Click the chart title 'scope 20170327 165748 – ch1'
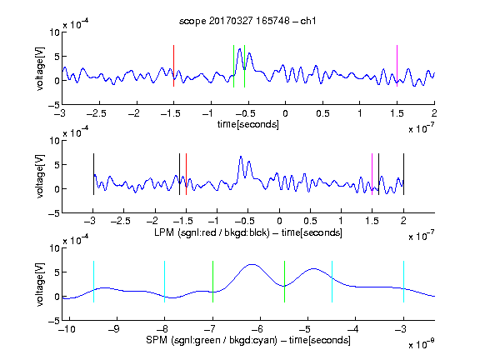(247, 21)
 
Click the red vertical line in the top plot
(173, 66)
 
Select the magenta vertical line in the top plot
(397, 66)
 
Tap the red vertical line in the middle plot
(186, 174)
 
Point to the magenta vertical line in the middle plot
(372, 174)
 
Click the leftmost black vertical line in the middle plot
(93, 174)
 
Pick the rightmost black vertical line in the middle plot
(403, 174)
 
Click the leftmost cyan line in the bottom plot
(93, 282)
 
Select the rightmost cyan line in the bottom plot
(403, 282)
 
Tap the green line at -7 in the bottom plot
(212, 282)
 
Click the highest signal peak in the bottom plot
(252, 264)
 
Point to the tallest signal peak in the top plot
(240, 49)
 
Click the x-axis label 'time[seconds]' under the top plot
(248, 124)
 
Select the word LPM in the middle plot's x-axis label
(164, 232)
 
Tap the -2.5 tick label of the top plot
(97, 114)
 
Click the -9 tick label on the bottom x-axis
(114, 329)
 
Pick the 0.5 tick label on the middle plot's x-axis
(310, 221)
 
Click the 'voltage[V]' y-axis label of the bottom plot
(40, 285)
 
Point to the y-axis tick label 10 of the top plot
(55, 32)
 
